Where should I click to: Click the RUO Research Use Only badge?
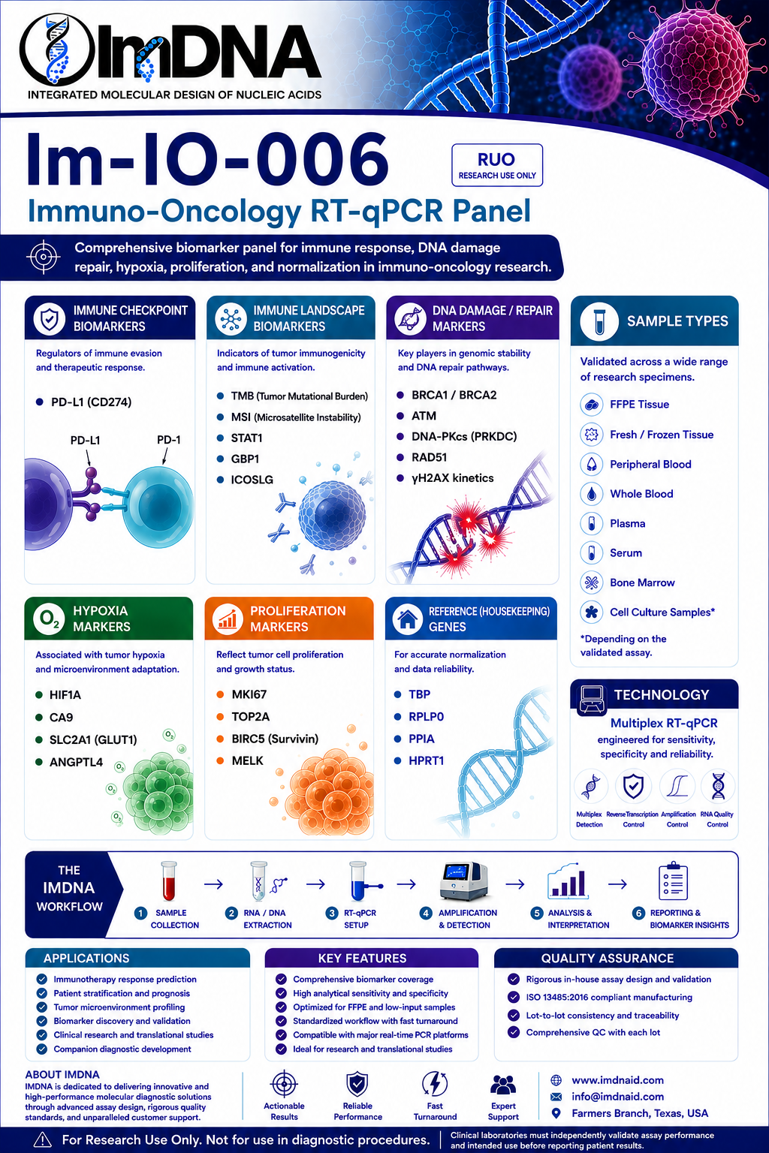(x=497, y=164)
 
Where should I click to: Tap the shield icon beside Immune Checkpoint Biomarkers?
(x=50, y=318)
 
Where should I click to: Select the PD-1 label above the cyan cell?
(x=168, y=440)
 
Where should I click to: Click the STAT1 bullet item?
(x=246, y=438)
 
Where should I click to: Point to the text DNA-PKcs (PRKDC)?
(x=464, y=436)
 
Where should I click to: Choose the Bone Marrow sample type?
(x=642, y=583)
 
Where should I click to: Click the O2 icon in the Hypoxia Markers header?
(x=49, y=619)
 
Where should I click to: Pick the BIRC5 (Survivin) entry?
(x=275, y=739)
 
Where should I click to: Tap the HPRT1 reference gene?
(x=426, y=760)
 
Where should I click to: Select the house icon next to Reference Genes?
(x=408, y=619)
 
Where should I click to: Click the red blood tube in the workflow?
(x=169, y=881)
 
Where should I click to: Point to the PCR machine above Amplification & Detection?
(x=463, y=881)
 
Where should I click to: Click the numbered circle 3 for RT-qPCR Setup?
(x=332, y=913)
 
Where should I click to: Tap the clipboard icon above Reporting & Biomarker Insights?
(x=673, y=881)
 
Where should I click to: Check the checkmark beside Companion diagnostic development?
(x=42, y=1049)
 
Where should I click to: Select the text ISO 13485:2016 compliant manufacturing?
(x=609, y=997)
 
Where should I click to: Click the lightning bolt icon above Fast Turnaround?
(x=435, y=1083)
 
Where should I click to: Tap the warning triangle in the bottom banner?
(x=42, y=1140)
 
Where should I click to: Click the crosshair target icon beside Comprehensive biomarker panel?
(x=44, y=256)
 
